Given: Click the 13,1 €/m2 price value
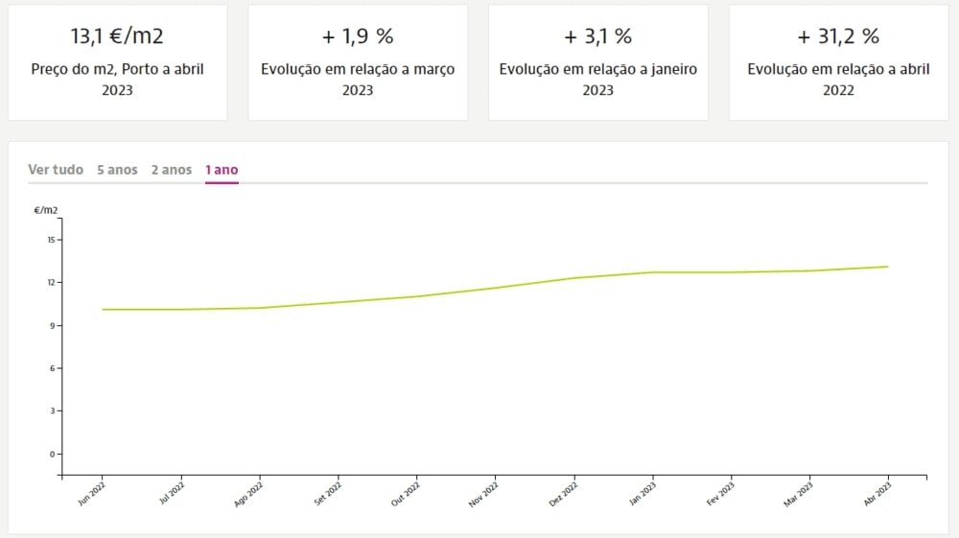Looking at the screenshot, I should (x=117, y=37).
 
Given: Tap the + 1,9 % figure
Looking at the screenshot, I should (x=358, y=37).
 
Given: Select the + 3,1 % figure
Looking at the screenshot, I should (x=597, y=37).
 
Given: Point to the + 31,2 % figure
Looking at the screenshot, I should (x=838, y=37).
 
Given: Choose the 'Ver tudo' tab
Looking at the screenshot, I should (x=56, y=170).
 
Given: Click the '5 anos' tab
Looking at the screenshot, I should (x=117, y=170).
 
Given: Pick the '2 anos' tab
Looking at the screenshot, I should (x=172, y=170).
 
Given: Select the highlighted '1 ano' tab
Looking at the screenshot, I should (x=222, y=170).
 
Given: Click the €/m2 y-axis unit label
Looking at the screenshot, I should (x=46, y=210).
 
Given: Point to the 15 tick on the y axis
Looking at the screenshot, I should (x=50, y=240).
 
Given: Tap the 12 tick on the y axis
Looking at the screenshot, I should (x=50, y=282).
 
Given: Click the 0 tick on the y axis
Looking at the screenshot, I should (x=52, y=454).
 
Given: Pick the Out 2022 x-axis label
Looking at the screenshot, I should (x=405, y=494).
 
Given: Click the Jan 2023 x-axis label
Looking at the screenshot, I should (x=642, y=494).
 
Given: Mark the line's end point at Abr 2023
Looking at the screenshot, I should (x=888, y=267).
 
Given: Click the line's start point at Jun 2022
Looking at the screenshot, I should (x=102, y=310).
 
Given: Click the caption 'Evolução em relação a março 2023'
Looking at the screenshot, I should (x=358, y=80).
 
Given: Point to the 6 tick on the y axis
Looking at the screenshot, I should (x=52, y=368).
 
